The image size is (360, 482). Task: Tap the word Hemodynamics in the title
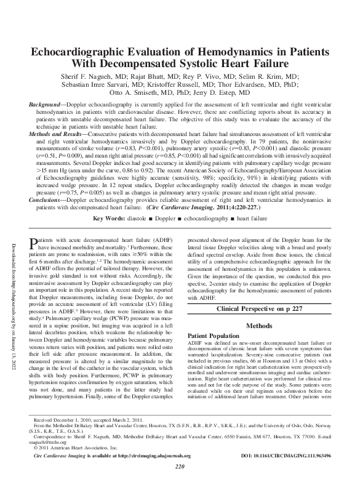(x=234, y=52)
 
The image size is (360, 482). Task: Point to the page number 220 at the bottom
(x=180, y=467)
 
